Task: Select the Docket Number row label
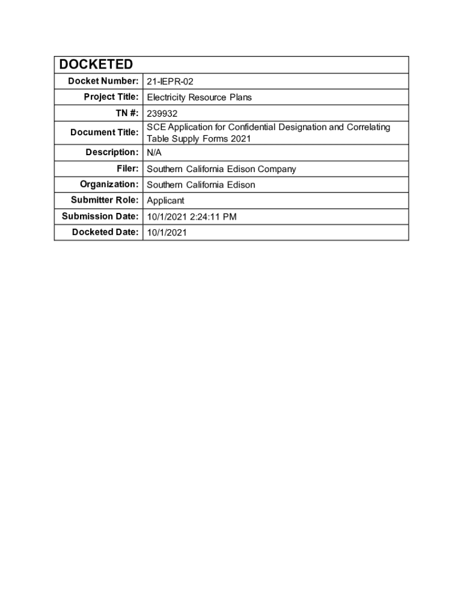pos(99,81)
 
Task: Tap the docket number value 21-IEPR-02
pos(170,82)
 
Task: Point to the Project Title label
pos(111,97)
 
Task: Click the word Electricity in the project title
pos(167,97)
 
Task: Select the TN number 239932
pos(162,113)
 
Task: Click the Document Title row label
pos(104,132)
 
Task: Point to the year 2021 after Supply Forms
pos(240,138)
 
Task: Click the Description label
pos(112,152)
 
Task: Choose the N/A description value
pos(154,153)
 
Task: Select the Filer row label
pos(127,168)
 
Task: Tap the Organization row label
pos(109,184)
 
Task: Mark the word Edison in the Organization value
pos(241,185)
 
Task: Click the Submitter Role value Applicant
pos(165,200)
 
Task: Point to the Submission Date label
pos(100,216)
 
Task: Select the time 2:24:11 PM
pos(214,217)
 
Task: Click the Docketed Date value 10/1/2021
pos(167,232)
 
